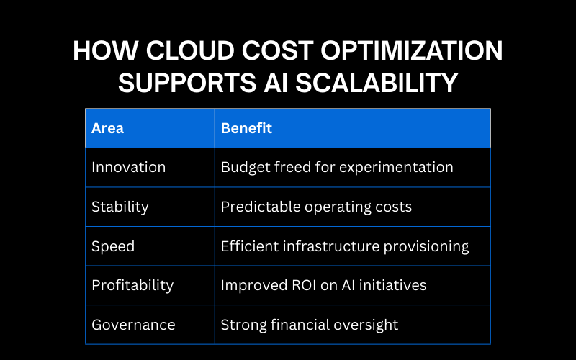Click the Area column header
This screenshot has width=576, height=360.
point(107,128)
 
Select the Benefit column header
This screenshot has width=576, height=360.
point(246,128)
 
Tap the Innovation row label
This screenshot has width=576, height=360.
point(128,167)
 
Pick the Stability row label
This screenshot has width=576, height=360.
point(120,207)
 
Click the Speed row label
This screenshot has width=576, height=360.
point(113,246)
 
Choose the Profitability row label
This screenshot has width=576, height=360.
point(132,285)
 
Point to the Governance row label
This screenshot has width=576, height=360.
point(133,325)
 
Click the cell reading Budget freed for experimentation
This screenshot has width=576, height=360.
point(337,167)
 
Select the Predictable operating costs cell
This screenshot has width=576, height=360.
point(316,207)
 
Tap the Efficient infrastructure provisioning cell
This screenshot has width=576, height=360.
point(345,246)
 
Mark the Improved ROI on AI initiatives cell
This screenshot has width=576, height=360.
point(323,285)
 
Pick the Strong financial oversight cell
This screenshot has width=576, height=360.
point(310,325)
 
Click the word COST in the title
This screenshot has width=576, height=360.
point(266,52)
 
